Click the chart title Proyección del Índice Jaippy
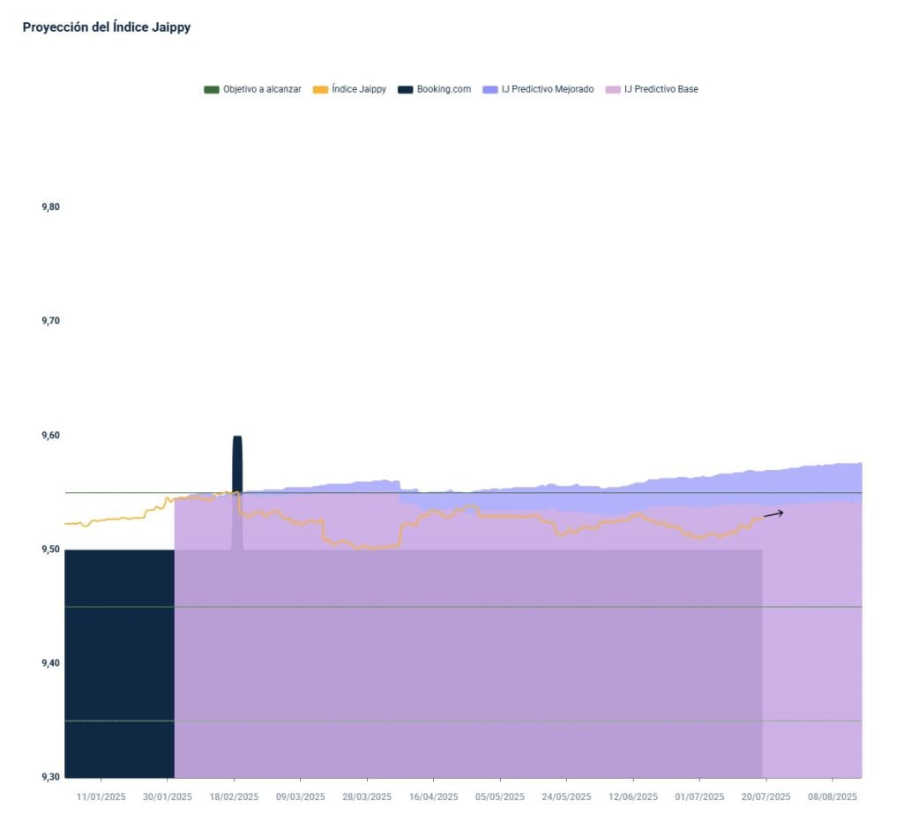107,27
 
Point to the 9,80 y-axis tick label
50,207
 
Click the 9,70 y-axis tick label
50,321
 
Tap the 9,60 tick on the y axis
50,436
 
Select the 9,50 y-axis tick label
50,549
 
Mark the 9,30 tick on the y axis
50,777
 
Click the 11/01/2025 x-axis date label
101,796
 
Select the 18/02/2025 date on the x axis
234,796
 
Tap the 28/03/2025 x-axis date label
367,796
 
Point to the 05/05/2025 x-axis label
500,796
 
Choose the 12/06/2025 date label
633,796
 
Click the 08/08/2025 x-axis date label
832,796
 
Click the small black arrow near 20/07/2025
773,513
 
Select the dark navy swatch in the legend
405,89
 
